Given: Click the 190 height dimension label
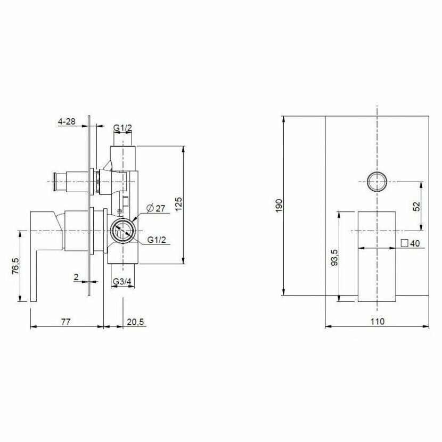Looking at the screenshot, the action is coord(279,206).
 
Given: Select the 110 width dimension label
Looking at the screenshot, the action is coord(378,321).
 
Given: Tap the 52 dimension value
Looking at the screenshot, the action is coord(417,206).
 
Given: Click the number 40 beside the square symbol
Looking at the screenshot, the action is coord(415,243).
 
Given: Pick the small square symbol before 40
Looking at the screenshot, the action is coord(405,243).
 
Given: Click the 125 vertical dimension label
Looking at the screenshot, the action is coord(179,204).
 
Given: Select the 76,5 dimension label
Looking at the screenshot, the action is coord(15,266).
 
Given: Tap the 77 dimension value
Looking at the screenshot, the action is coord(66,321).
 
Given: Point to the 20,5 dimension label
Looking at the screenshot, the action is coord(135,321).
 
